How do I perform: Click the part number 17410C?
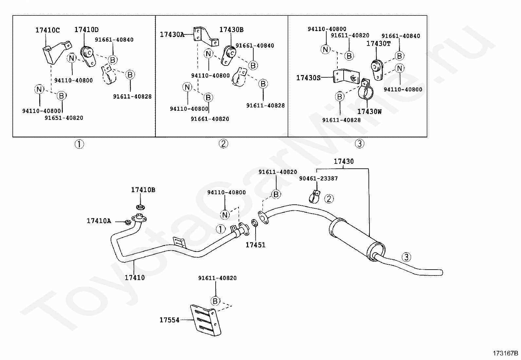[x=47, y=30]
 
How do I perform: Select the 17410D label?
[x=86, y=29]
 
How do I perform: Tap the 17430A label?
[x=172, y=34]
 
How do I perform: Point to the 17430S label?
[x=308, y=78]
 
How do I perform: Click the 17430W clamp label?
[x=369, y=112]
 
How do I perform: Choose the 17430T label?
[x=378, y=44]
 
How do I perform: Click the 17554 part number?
[x=169, y=320]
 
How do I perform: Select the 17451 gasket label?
[x=255, y=245]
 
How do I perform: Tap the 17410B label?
[x=143, y=190]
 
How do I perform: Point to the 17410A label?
[x=99, y=221]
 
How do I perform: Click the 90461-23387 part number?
[x=318, y=179]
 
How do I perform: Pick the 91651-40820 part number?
[x=64, y=118]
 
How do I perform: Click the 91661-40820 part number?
[x=210, y=119]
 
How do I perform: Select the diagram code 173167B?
[x=505, y=353]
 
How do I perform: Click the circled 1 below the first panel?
[x=79, y=144]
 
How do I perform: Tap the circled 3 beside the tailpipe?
[x=406, y=257]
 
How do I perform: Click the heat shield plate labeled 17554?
[x=206, y=320]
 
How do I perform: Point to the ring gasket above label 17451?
[x=255, y=223]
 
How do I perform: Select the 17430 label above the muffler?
[x=344, y=161]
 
